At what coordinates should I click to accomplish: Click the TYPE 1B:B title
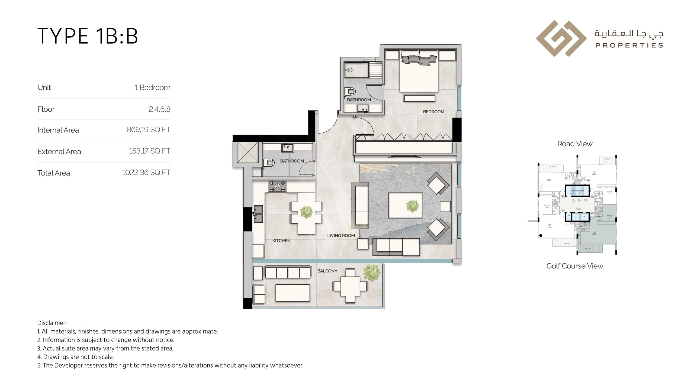coord(88,36)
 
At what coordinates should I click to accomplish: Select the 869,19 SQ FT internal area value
coord(148,130)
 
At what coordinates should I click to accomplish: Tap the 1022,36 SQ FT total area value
coord(146,173)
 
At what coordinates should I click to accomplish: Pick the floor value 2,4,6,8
coord(159,109)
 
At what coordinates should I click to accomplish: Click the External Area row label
coord(59,151)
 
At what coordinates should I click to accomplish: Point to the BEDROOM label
coord(433,112)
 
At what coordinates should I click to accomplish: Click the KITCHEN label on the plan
coord(281,240)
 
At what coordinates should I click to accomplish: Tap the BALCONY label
coord(327,271)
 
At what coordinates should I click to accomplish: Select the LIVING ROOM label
coord(341,236)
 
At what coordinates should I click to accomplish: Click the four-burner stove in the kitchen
coord(277,186)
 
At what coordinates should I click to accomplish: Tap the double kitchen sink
coord(258,214)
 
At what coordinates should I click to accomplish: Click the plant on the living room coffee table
coord(413,206)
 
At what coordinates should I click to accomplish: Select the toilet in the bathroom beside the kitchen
coord(269,163)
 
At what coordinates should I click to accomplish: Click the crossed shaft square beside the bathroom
coord(248,152)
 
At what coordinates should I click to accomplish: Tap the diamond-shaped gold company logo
coord(561,38)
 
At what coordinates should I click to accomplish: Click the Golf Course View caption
coord(575,266)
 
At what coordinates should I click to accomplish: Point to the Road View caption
coord(575,144)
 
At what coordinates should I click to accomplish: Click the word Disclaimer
coord(52,323)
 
